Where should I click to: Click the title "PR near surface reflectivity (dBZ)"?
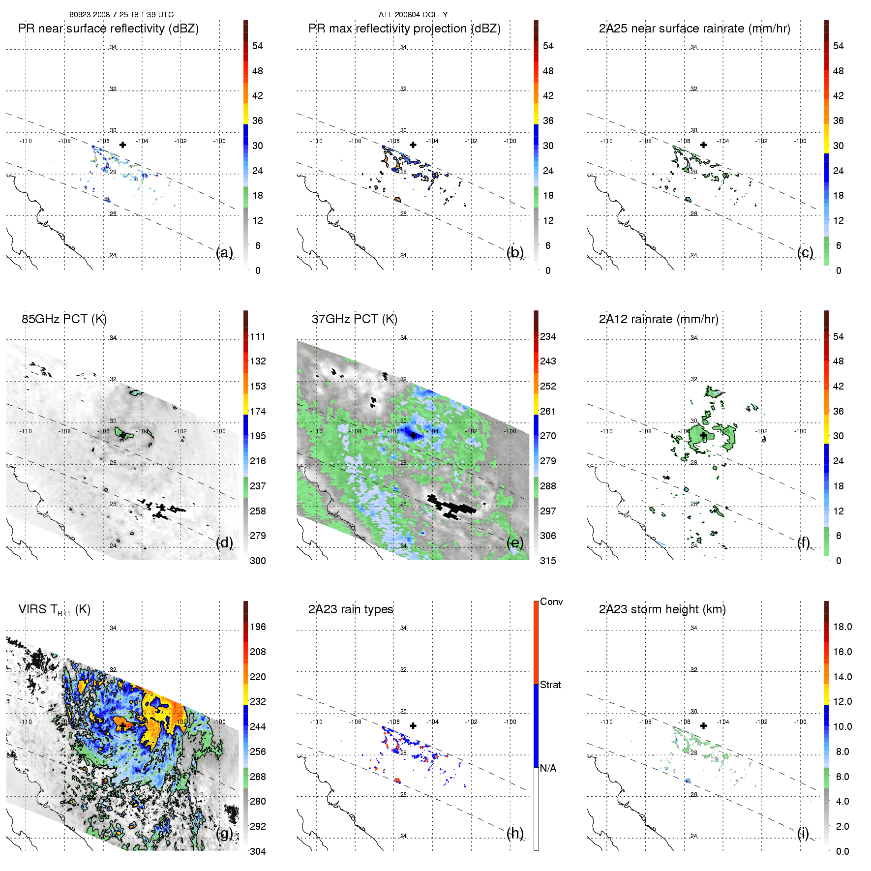point(108,29)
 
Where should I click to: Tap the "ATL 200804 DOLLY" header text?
point(413,15)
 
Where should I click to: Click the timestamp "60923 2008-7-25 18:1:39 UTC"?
point(121,15)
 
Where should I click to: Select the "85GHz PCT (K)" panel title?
point(64,319)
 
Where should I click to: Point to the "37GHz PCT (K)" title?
point(354,319)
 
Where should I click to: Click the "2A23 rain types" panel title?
point(351,609)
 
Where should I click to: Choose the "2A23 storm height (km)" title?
point(662,609)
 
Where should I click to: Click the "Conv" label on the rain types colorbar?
point(551,601)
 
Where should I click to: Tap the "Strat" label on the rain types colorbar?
point(550,685)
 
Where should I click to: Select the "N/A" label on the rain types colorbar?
point(548,768)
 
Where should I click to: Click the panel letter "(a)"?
point(224,252)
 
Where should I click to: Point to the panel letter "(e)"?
point(515,542)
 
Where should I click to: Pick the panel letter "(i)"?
point(803,833)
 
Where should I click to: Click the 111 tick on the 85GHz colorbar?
point(258,336)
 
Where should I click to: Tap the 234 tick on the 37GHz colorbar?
point(548,336)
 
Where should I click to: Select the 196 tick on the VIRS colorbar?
point(258,627)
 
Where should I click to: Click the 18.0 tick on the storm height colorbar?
point(842,627)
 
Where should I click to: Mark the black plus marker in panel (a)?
point(122,145)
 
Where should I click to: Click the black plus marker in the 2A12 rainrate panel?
point(703,435)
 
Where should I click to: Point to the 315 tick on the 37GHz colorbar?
point(548,561)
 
